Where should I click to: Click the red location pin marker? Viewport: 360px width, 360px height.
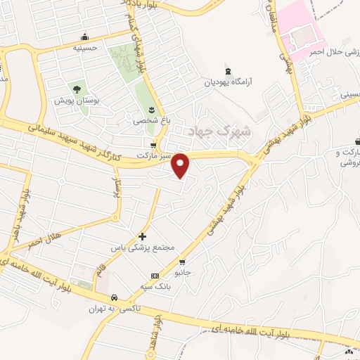point(181,166)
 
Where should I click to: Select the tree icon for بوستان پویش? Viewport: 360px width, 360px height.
point(76,89)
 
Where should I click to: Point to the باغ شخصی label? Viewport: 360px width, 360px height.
point(152,120)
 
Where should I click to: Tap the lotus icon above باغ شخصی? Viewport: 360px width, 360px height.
point(152,108)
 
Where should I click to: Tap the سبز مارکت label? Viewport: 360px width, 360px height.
point(153,155)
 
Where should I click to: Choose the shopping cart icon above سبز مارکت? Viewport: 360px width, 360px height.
point(153,145)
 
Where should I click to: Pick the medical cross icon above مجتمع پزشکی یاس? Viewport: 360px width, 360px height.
point(143,236)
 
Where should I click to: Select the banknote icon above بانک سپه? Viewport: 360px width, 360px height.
point(155,275)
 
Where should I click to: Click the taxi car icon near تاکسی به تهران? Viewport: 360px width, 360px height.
point(123,297)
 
